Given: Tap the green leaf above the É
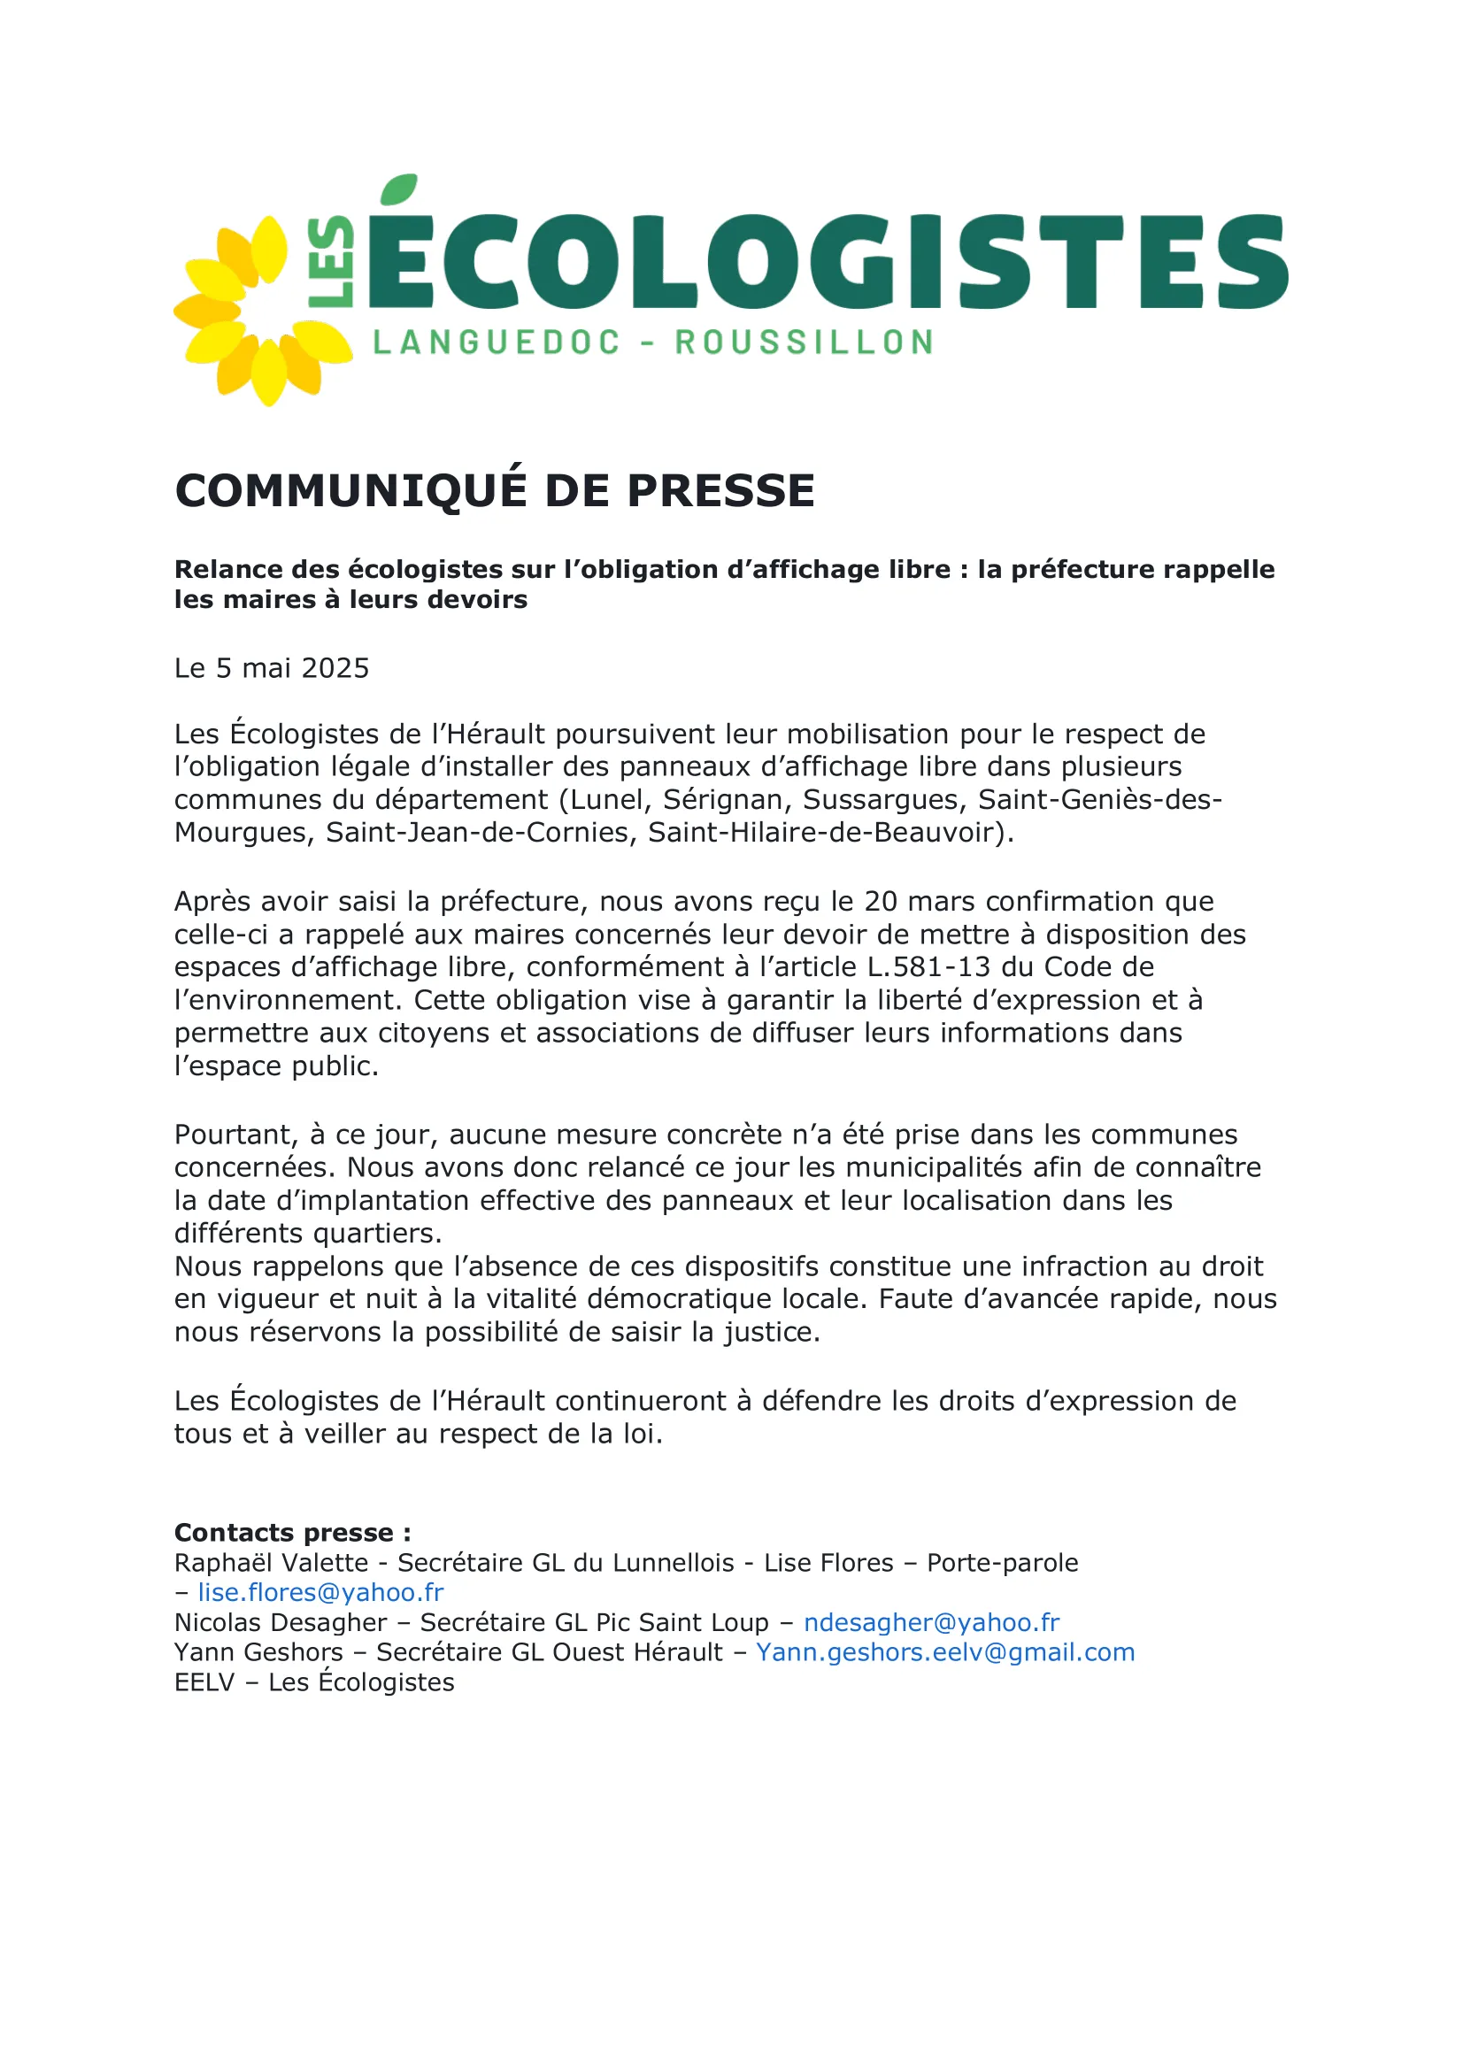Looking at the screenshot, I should coord(399,189).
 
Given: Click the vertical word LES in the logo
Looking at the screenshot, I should coord(331,261).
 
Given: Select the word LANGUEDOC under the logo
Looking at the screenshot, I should coord(497,342).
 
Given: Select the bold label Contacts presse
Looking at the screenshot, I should coord(292,1533).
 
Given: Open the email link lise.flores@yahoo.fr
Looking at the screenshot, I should coord(321,1592).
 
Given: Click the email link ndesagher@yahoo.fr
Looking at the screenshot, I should coord(931,1622).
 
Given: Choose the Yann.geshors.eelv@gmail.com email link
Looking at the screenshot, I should coord(944,1651).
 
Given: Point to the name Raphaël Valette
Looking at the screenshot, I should coord(272,1562).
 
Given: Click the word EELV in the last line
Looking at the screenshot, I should coord(204,1682).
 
